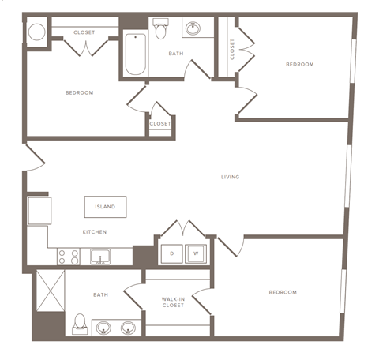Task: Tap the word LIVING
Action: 230,177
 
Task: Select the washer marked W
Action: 195,253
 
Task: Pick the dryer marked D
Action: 171,253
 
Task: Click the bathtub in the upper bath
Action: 136,54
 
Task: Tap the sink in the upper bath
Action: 193,30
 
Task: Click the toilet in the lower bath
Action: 80,324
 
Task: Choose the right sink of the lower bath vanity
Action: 128,327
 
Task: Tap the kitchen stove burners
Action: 68,257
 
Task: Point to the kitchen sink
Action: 99,256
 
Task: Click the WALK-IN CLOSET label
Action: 174,302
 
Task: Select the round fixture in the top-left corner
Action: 36,32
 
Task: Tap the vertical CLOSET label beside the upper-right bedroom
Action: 232,49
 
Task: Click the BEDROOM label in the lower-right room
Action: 282,293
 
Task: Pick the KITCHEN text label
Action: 95,232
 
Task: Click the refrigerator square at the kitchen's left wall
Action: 39,211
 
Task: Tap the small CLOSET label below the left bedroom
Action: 160,124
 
